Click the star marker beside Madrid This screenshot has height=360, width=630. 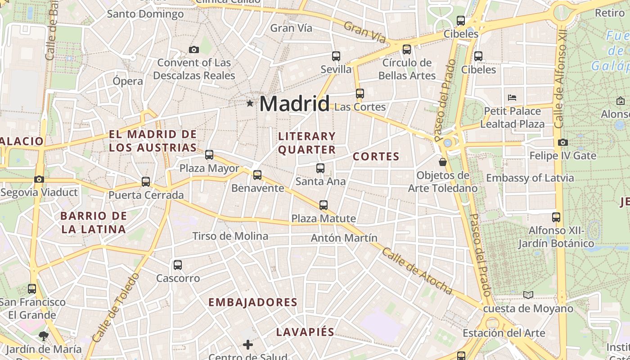pos(250,103)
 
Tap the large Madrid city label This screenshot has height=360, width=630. pos(294,104)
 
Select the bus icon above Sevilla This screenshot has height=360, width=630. pos(336,56)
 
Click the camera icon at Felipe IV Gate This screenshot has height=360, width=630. pos(562,143)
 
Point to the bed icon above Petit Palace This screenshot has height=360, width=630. pos(512,97)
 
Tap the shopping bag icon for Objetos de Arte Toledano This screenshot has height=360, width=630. pos(443,162)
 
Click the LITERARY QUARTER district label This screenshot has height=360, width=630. pos(307,143)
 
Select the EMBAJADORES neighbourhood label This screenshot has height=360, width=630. pos(253,302)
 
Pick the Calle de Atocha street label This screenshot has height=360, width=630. pos(417,271)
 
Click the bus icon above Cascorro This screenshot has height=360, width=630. pos(178,265)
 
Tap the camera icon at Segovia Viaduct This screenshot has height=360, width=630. pos(39,180)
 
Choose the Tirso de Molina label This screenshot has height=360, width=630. pos(230,236)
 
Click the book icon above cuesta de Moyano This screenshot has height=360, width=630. pos(528,295)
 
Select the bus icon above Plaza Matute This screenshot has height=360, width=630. pos(324,205)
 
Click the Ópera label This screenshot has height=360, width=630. pos(128,81)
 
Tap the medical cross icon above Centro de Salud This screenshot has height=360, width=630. pos(248,345)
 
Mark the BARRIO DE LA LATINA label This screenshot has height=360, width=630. pos(94,222)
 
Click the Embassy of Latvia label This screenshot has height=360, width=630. pos(530,178)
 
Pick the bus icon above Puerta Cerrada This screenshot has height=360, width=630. pos(146,182)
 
